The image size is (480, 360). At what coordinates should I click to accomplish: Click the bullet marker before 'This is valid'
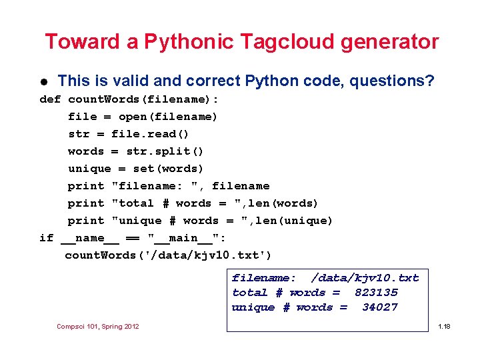click(43, 82)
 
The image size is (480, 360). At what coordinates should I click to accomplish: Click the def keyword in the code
click(50, 99)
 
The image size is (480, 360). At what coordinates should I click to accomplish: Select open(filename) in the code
click(168, 117)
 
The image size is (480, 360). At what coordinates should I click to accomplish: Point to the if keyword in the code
click(47, 238)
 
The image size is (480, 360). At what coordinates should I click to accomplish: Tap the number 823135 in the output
click(376, 293)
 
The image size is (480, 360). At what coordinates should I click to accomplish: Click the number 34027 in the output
click(380, 307)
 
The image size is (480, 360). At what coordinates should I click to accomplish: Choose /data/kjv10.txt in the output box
click(365, 278)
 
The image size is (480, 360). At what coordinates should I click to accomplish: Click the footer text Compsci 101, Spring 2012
click(98, 326)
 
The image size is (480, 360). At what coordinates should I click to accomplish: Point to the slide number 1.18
click(443, 326)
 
